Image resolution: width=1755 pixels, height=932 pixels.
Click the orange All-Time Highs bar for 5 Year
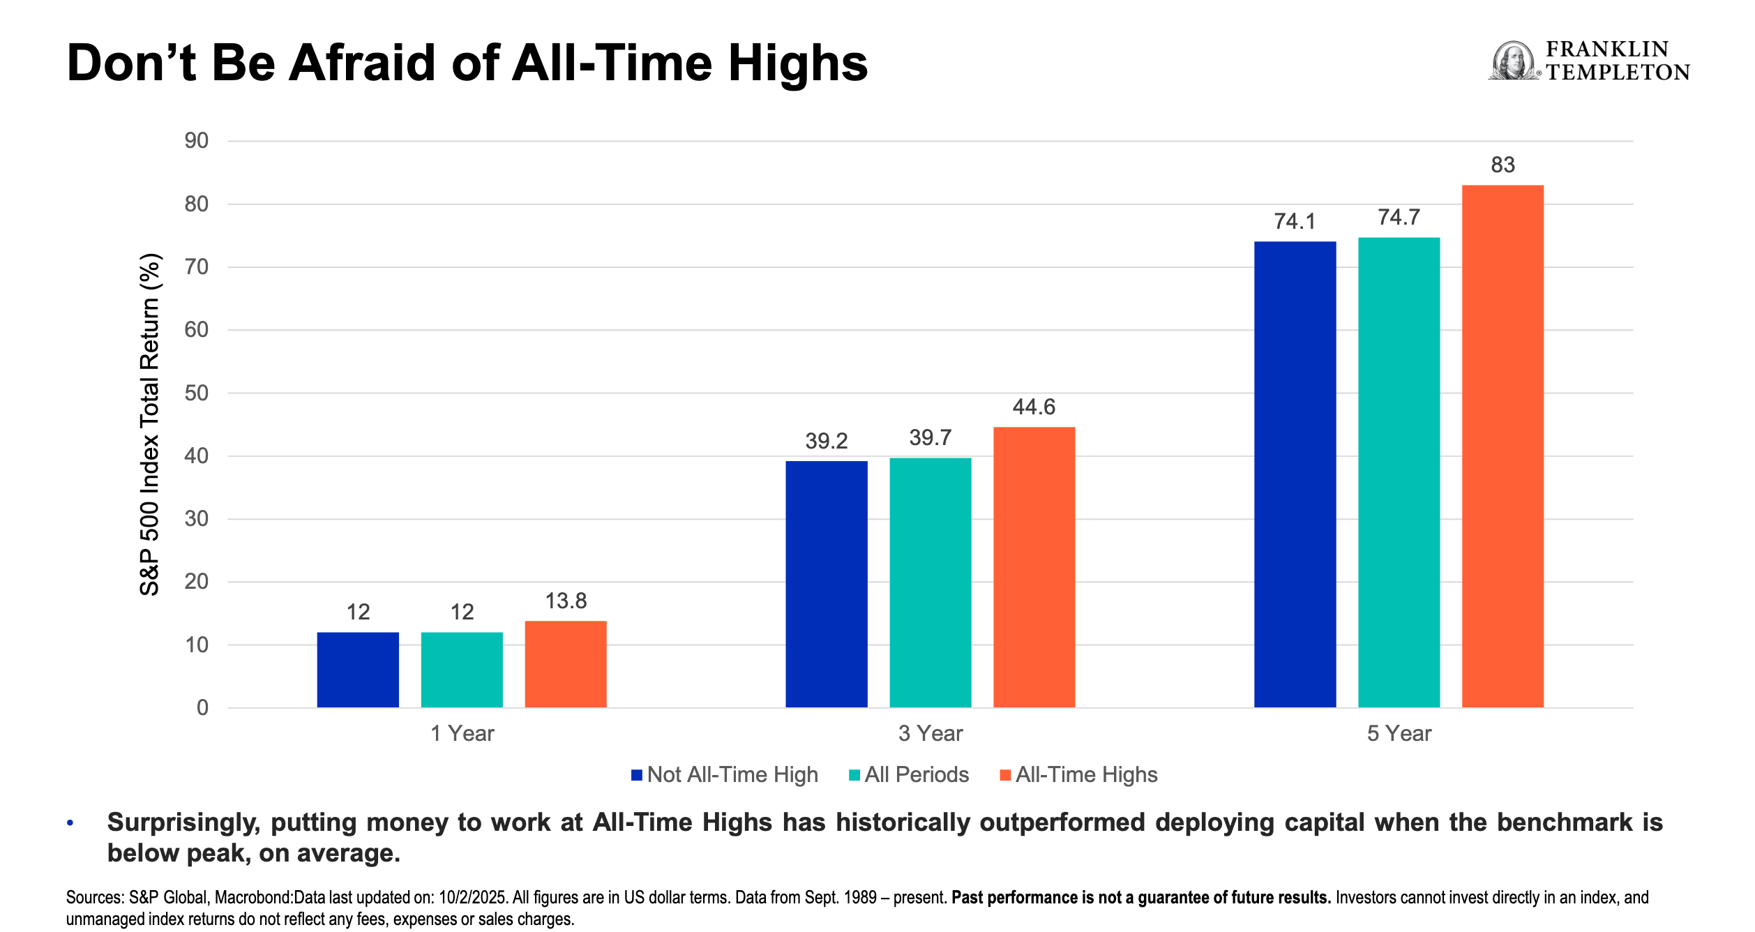[1502, 446]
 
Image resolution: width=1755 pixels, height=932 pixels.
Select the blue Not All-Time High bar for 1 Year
[358, 670]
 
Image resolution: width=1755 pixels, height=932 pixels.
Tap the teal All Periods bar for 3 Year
[931, 582]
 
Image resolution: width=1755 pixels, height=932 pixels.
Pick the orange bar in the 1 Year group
[566, 664]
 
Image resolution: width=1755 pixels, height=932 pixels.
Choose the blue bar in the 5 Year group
[1295, 474]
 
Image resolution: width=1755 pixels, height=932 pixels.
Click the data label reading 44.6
[1034, 407]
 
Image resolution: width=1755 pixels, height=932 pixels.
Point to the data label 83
[1502, 165]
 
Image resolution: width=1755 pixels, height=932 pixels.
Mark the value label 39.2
[827, 441]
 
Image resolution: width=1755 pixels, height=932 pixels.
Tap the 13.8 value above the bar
[566, 601]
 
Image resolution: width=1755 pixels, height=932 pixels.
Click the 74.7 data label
[1399, 217]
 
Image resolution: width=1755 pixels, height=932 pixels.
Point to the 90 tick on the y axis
[197, 141]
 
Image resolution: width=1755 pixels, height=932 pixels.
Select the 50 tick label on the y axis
[197, 393]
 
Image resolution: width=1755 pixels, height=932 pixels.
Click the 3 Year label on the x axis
[931, 733]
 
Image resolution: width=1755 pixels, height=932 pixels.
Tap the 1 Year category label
[462, 733]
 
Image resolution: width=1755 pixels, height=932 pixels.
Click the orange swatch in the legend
[1005, 775]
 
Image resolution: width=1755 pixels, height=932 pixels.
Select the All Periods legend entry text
[917, 774]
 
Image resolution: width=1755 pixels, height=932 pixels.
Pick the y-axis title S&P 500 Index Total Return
[150, 424]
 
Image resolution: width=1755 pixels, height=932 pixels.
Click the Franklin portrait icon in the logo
[1512, 61]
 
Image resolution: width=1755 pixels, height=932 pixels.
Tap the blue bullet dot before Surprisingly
[70, 823]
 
